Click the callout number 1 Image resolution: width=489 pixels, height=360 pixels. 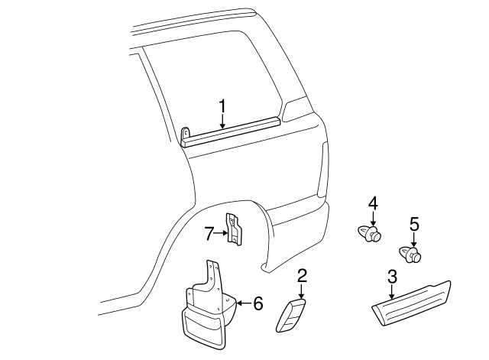pyautogui.click(x=222, y=105)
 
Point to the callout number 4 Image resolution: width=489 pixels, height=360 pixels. pyautogui.click(x=373, y=203)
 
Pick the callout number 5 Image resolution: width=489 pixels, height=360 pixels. pyautogui.click(x=413, y=225)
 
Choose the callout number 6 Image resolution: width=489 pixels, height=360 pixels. pyautogui.click(x=257, y=303)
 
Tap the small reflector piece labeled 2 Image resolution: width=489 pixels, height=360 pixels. pyautogui.click(x=291, y=315)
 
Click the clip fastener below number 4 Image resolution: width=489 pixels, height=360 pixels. pyautogui.click(x=370, y=232)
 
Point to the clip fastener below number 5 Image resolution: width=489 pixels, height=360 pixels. pyautogui.click(x=411, y=254)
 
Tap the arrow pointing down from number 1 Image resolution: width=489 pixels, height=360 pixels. pyautogui.click(x=222, y=120)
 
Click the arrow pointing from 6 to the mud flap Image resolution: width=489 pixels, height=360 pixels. pyautogui.click(x=244, y=303)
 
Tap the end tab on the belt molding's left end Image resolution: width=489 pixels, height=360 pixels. pyautogui.click(x=186, y=135)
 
